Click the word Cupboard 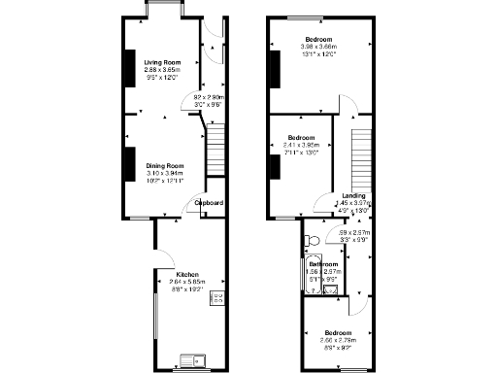(x=210, y=202)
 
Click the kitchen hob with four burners (x=217, y=297)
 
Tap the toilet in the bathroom (x=312, y=238)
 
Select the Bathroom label (x=323, y=264)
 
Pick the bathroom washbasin (x=331, y=288)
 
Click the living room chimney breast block (x=128, y=67)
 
